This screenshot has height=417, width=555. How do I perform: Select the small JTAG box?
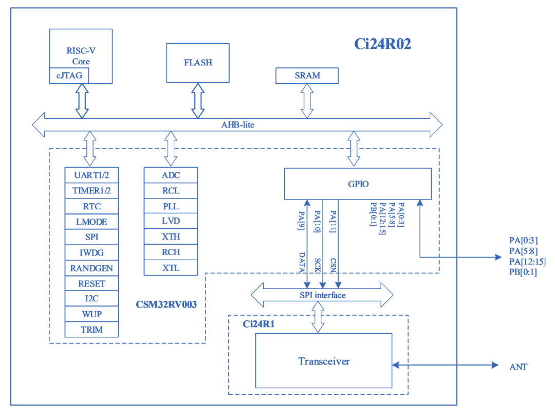tap(69, 76)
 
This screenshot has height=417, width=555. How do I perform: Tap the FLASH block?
tap(198, 63)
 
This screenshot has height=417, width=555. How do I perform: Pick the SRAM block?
tap(307, 76)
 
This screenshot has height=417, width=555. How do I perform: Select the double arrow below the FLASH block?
tap(198, 101)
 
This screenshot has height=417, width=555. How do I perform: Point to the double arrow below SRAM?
tap(307, 101)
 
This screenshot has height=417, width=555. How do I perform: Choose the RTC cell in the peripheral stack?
tap(92, 207)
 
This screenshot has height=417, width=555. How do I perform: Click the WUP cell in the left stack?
tap(92, 314)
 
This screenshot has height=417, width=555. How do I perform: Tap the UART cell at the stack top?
tap(92, 175)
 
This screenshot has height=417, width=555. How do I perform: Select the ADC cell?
tap(171, 175)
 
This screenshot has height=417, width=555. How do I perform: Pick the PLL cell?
tap(171, 206)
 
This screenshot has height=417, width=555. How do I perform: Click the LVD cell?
tap(171, 221)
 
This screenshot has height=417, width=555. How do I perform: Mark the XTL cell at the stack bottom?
tap(171, 267)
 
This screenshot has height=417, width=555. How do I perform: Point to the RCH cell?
tap(171, 252)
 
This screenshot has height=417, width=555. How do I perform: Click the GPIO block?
tap(358, 184)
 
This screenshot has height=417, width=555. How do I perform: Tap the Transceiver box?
tap(324, 360)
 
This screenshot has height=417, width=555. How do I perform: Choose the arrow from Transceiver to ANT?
tap(445, 365)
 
